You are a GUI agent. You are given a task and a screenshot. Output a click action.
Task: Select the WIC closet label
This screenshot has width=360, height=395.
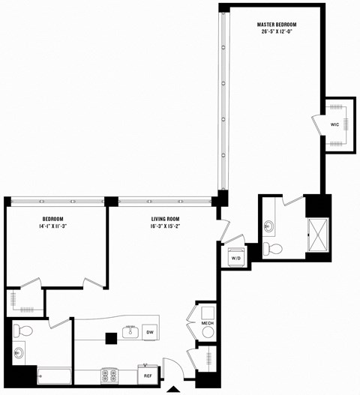pyautogui.click(x=335, y=124)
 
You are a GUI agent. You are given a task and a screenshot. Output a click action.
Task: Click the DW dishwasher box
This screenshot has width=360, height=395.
pyautogui.click(x=150, y=332)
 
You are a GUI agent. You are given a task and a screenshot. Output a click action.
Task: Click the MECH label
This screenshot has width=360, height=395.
pyautogui.click(x=207, y=324)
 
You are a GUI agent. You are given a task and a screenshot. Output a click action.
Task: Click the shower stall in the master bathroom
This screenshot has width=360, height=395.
pyautogui.click(x=318, y=235)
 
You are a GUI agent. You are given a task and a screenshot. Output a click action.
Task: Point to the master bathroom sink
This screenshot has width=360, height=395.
pyautogui.click(x=268, y=226)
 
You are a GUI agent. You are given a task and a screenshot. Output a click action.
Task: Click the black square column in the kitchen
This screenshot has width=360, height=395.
pyautogui.click(x=110, y=338)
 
